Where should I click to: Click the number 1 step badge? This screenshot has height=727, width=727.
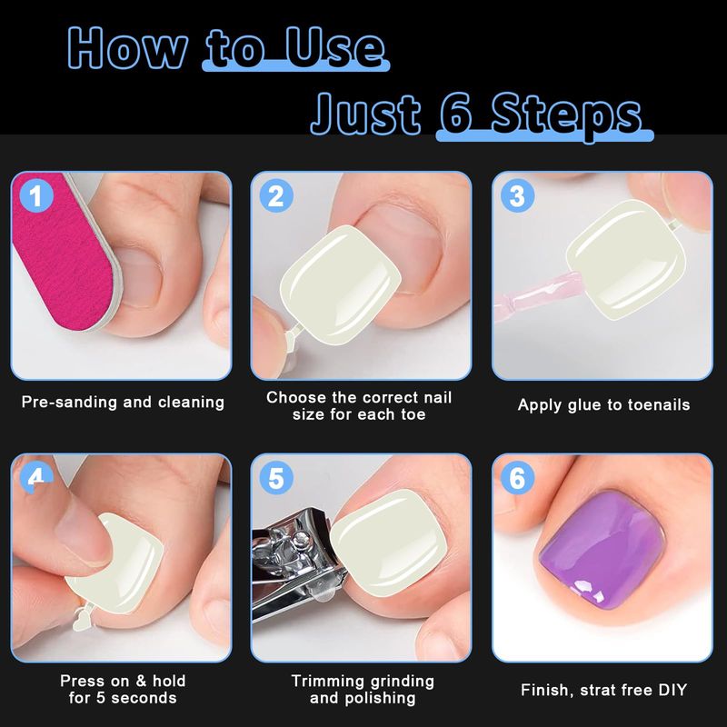pyautogui.click(x=36, y=195)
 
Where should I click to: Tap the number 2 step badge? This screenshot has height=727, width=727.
pyautogui.click(x=276, y=195)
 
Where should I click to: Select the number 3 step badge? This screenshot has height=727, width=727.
pyautogui.click(x=517, y=195)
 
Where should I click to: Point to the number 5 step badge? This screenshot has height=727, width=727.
pyautogui.click(x=276, y=478)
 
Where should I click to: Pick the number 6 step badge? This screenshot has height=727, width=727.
pyautogui.click(x=517, y=478)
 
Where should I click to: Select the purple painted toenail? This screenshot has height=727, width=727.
pyautogui.click(x=602, y=550)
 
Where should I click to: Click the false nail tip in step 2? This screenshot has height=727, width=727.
pyautogui.click(x=340, y=284)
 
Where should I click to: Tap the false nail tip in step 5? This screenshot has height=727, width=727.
pyautogui.click(x=390, y=543)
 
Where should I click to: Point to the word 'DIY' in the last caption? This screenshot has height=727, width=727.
pyautogui.click(x=672, y=690)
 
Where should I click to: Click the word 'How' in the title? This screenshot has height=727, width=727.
pyautogui.click(x=127, y=48)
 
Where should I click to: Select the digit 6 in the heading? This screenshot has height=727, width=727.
pyautogui.click(x=456, y=115)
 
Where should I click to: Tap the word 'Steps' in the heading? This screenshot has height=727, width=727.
pyautogui.click(x=566, y=116)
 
